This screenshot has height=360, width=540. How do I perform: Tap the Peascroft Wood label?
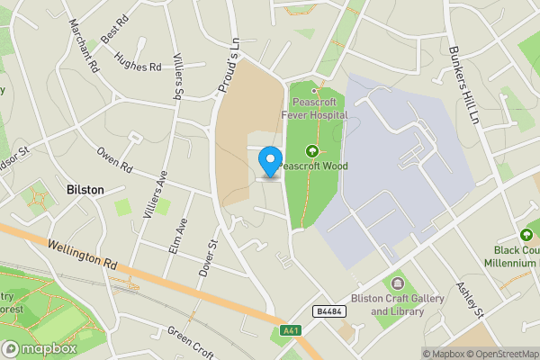click(x=312, y=166)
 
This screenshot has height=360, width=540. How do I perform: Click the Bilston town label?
click(x=85, y=190)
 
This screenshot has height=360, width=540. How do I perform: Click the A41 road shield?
click(x=289, y=329)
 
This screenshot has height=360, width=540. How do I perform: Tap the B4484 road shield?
click(x=327, y=310)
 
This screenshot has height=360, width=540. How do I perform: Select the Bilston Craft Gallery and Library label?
click(x=398, y=305)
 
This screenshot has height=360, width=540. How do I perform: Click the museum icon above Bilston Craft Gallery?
click(x=398, y=283)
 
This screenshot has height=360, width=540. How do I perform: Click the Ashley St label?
click(x=471, y=300)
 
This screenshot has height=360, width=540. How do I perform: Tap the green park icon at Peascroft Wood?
click(x=312, y=151)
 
